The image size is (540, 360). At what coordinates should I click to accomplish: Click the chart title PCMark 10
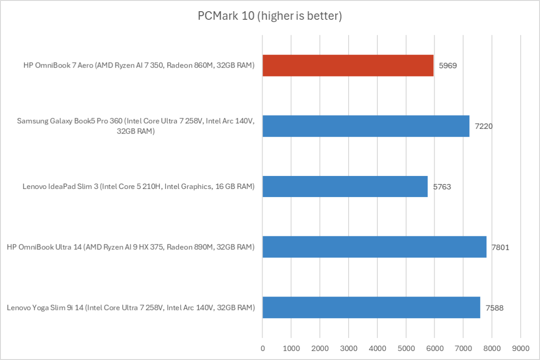[270, 16]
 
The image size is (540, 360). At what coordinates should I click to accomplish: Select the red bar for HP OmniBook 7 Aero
[348, 65]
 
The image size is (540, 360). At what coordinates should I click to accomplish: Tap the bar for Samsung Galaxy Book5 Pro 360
[366, 126]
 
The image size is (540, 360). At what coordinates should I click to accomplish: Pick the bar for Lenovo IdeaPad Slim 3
[345, 186]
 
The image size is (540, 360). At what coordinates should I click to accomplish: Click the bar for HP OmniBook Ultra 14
[374, 247]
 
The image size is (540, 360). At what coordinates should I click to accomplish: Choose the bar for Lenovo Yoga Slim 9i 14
[371, 307]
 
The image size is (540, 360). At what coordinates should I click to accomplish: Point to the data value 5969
[448, 65]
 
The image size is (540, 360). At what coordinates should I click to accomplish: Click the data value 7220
[484, 126]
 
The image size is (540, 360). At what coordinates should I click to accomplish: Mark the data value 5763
[442, 186]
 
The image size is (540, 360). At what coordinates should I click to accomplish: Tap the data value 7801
[500, 247]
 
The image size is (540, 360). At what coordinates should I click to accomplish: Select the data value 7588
[495, 307]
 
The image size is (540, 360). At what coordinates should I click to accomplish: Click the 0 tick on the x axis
[263, 348]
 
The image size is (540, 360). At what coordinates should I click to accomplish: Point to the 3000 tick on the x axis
[348, 348]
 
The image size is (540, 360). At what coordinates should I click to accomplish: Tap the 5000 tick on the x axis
[406, 348]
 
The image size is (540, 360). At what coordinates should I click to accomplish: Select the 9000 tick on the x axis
[521, 348]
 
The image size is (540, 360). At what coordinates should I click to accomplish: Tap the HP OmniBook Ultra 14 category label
[131, 247]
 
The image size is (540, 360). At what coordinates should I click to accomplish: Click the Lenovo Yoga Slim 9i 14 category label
[131, 308]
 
